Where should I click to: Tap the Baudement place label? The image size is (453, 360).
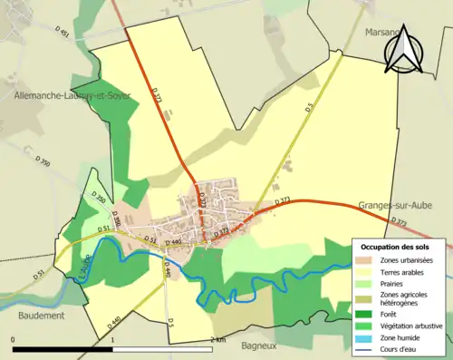41,316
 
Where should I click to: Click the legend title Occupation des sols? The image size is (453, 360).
397,247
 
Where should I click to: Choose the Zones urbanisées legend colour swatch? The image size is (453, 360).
364,260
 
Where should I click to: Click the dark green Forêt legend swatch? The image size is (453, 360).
364,314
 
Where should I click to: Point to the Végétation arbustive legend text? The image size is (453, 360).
411,325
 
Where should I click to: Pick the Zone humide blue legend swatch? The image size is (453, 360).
364,336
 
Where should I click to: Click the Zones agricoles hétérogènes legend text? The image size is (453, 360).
405,298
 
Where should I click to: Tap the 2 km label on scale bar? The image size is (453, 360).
217,339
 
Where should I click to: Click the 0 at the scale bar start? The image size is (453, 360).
14,339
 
